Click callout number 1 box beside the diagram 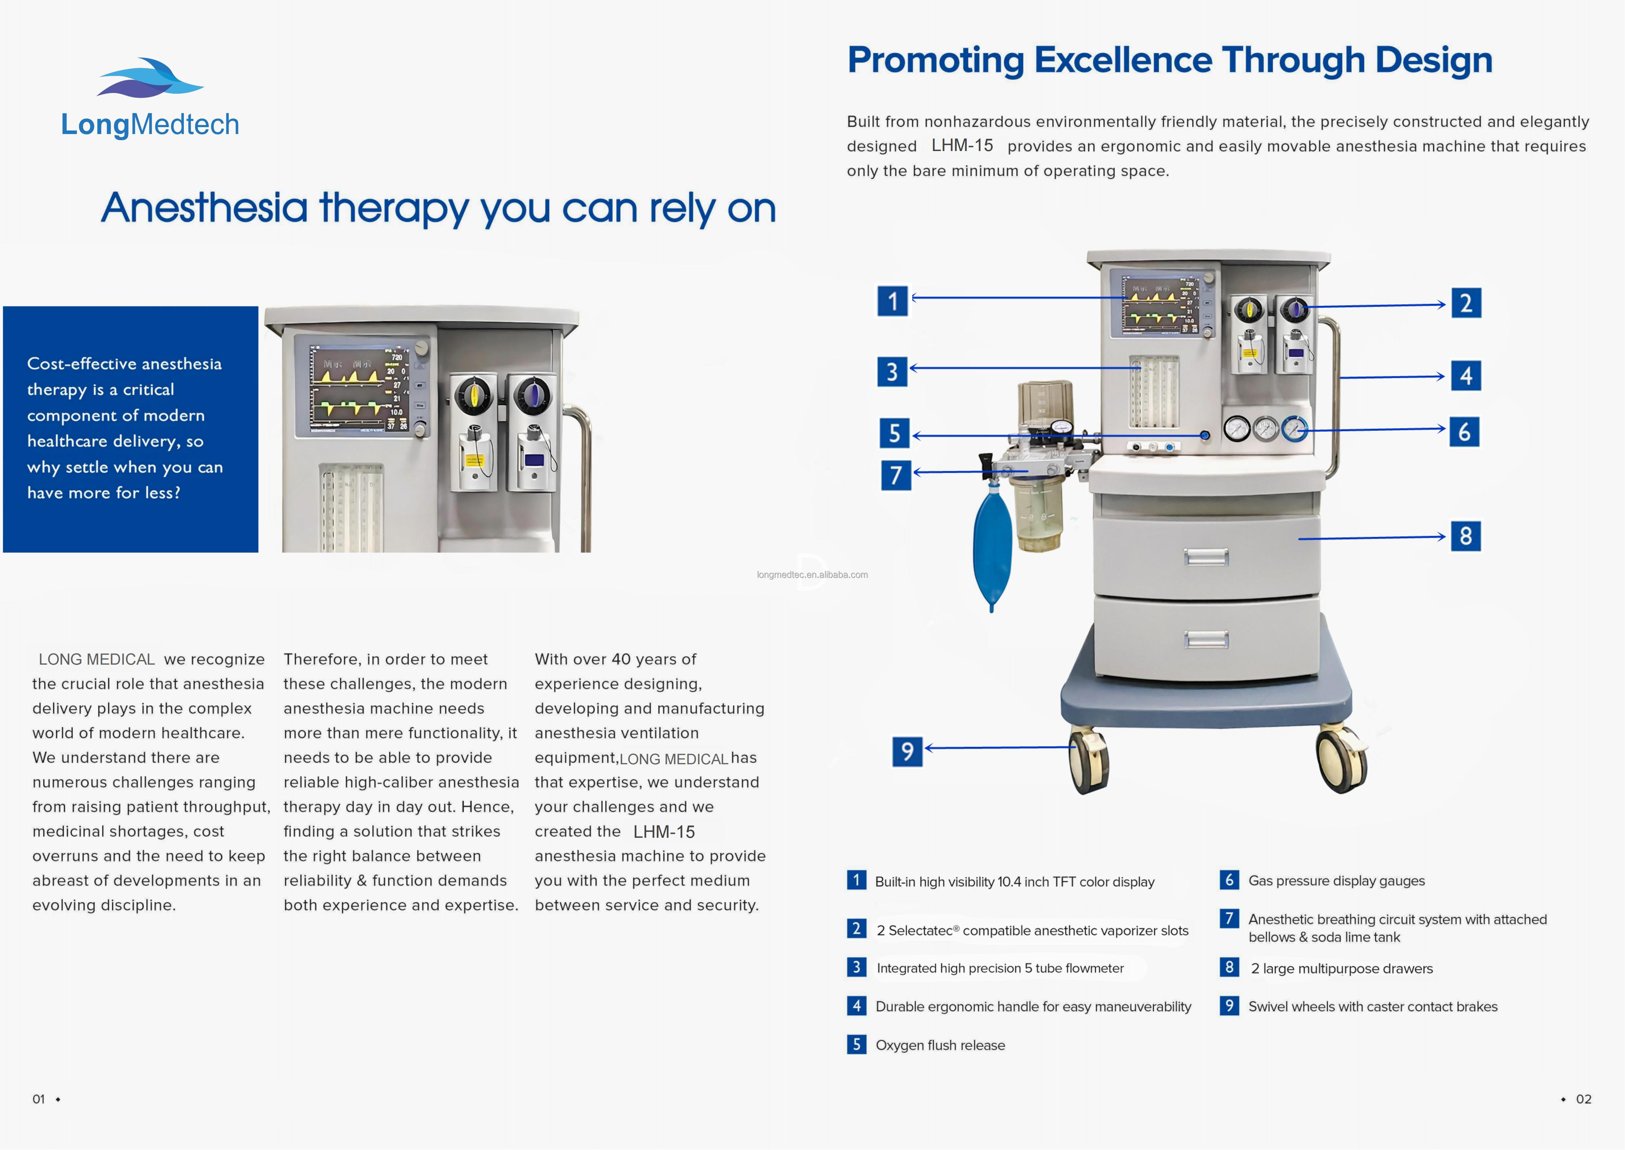tap(892, 301)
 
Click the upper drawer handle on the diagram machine tap(1206, 557)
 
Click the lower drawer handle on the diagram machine tap(1206, 639)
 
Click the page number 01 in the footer tap(39, 1099)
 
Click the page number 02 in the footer tap(1583, 1099)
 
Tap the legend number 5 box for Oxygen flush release tap(856, 1045)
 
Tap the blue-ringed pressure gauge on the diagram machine tap(1295, 428)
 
